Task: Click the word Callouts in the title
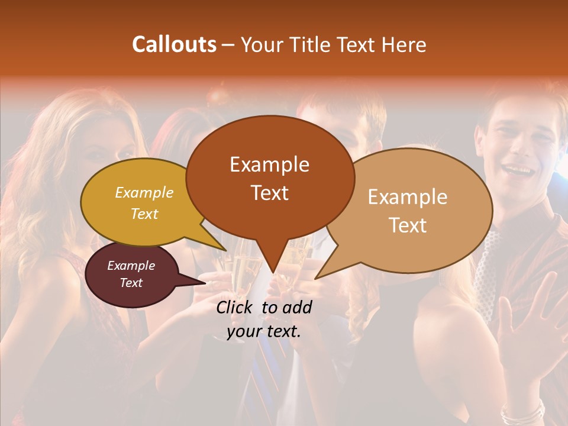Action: click(174, 44)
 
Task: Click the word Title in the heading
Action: click(310, 44)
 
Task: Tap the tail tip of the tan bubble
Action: click(315, 278)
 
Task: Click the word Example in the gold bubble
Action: click(144, 192)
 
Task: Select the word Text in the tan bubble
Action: click(408, 225)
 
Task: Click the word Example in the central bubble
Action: click(269, 164)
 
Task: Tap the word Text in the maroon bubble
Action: click(131, 283)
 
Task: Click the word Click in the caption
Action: click(235, 307)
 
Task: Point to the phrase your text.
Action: click(264, 332)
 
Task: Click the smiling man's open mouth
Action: click(519, 170)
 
